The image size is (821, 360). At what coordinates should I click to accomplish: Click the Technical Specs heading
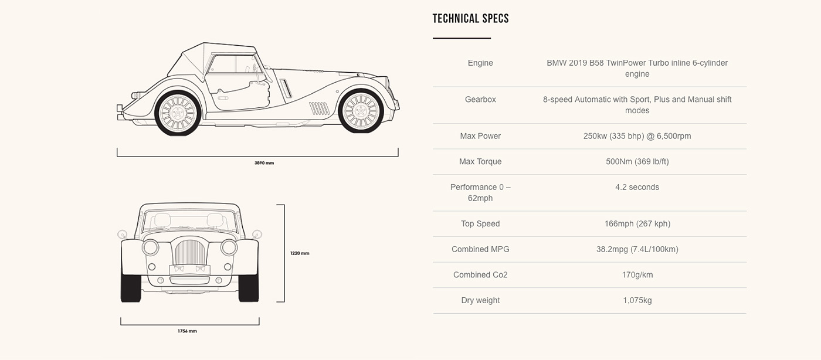point(470,19)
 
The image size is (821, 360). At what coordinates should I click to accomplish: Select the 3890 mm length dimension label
point(264,162)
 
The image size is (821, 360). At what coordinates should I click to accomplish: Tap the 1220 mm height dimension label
point(300,253)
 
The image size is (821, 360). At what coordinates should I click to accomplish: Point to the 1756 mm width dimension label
point(187,331)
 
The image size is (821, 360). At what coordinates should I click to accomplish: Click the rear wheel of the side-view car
point(178,112)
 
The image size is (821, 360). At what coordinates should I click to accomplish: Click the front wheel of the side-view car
point(361,111)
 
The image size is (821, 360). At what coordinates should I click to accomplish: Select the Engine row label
point(480,63)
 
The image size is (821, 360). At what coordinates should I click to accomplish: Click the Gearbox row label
point(480,99)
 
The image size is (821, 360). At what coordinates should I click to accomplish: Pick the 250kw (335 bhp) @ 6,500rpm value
point(637,136)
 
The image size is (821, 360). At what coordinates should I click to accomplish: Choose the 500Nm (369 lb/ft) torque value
point(637,161)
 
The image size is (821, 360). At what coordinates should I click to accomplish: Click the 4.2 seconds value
point(637,187)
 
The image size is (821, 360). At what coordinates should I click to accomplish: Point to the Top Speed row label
point(480,223)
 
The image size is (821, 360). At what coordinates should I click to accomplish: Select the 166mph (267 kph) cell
point(637,223)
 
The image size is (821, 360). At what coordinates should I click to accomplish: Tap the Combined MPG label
point(480,249)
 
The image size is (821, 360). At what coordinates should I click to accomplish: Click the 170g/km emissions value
point(637,274)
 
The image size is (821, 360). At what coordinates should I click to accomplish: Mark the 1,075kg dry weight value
point(637,300)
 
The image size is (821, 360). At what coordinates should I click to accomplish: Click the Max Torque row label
point(480,161)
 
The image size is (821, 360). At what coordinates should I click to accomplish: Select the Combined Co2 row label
point(480,274)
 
